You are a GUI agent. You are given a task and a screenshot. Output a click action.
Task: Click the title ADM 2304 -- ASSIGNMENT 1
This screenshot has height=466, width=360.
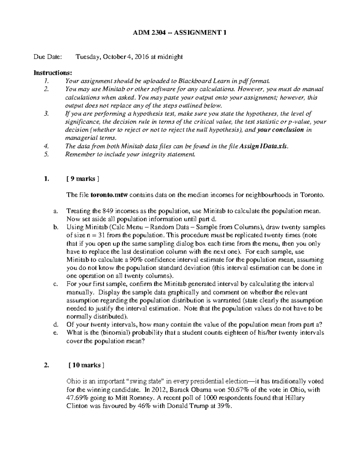(x=180, y=33)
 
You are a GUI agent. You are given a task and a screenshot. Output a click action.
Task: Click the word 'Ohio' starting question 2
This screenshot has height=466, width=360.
(x=73, y=381)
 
